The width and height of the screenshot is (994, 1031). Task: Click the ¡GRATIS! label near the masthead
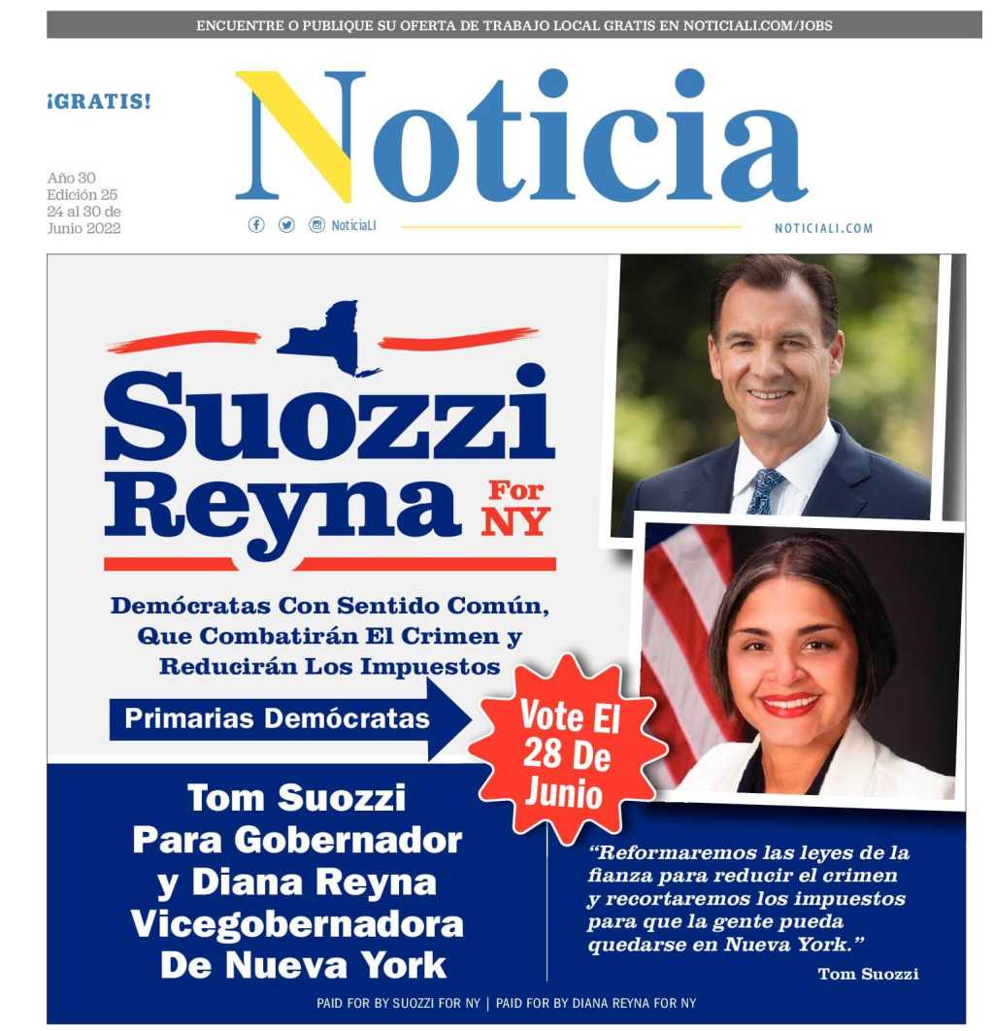point(99,101)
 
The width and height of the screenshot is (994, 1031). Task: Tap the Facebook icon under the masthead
point(256,225)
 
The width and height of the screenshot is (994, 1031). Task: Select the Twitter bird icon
point(286,225)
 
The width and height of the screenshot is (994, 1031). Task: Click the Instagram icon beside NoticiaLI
point(316,225)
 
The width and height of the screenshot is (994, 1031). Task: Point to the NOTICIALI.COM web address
point(823,229)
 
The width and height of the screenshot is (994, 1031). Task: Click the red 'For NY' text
point(515,505)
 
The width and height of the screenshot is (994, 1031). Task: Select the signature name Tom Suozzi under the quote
point(868,974)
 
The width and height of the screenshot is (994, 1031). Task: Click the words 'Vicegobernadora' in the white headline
point(297,924)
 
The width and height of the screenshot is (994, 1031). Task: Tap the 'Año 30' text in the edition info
point(72,179)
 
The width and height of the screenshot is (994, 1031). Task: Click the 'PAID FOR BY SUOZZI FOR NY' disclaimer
point(400,1003)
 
